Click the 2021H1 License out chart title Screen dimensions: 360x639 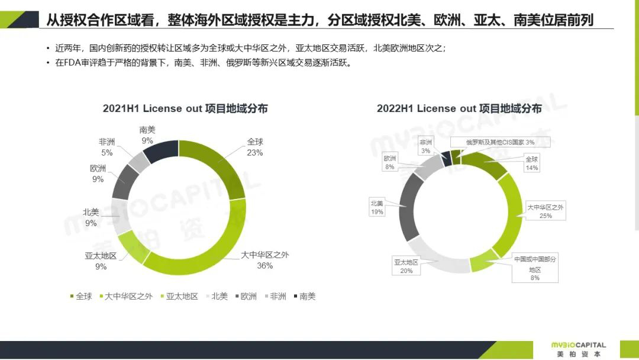185,108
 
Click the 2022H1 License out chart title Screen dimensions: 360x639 459,108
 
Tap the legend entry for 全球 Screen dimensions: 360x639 81,296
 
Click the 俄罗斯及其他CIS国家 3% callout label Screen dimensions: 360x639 499,142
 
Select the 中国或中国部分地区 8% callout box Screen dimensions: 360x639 535,268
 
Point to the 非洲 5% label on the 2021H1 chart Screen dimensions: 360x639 106,147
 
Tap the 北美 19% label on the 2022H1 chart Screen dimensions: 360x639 377,207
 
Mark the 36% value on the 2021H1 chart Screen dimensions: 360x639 264,266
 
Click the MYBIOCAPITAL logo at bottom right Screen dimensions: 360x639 578,349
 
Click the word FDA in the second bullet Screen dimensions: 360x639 71,63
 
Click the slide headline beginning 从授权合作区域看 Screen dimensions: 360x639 319,21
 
